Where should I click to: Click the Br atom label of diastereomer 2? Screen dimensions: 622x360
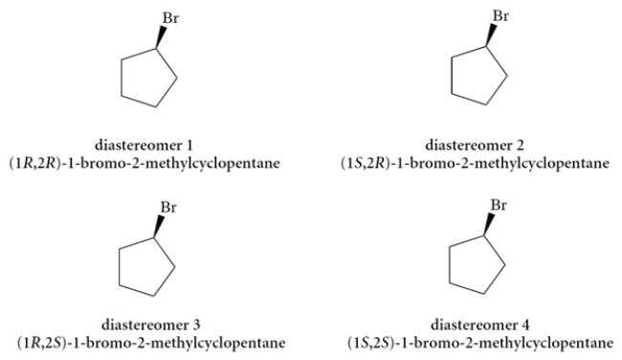point(499,14)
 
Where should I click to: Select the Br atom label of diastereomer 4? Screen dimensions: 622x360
point(499,206)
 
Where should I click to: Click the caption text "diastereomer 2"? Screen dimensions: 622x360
point(481,145)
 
